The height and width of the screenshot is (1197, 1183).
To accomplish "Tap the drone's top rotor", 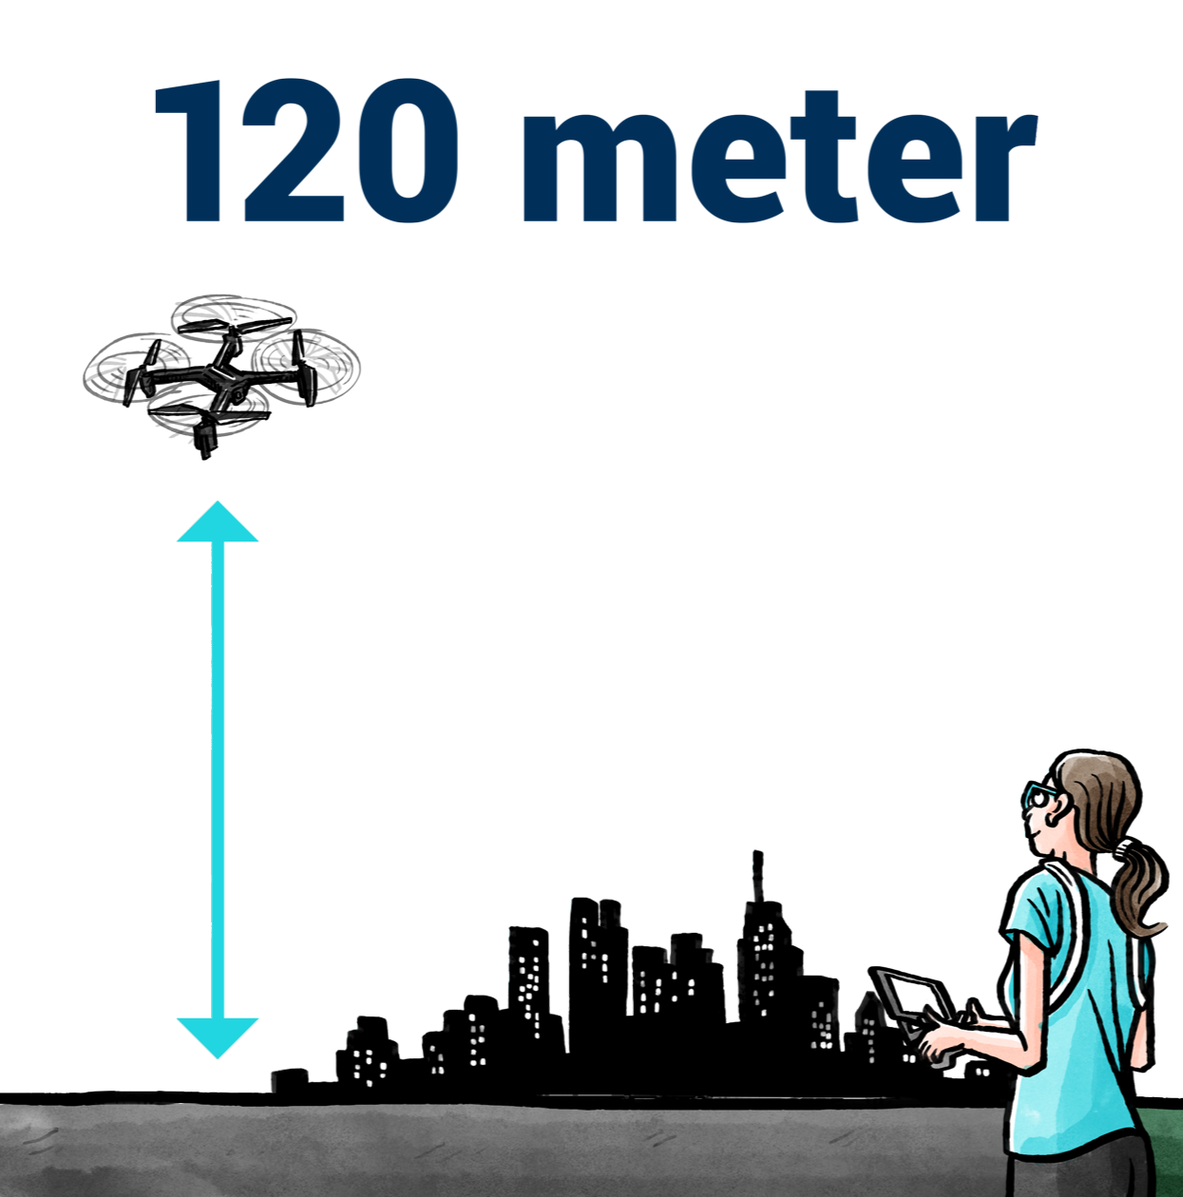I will [231, 315].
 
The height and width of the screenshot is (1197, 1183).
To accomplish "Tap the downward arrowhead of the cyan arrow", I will [211, 1037].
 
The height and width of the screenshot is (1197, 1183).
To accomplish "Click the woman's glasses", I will [1040, 796].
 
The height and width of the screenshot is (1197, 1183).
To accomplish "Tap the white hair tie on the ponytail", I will [1124, 845].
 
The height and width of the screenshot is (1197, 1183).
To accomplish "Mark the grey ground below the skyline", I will [475, 1149].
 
